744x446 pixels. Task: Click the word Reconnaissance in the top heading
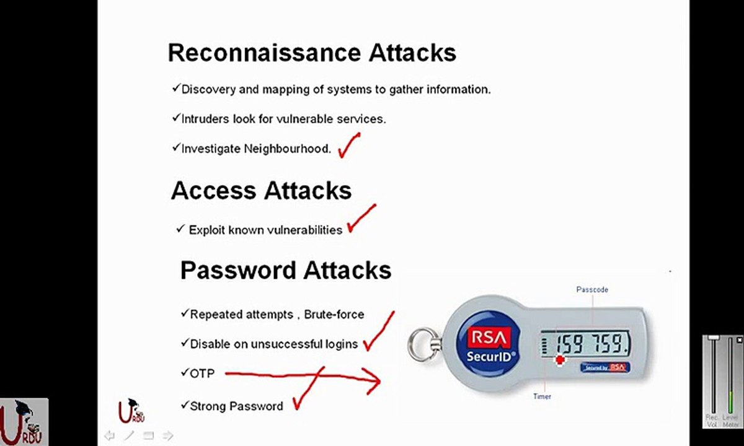pos(264,53)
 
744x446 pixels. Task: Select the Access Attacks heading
pos(262,191)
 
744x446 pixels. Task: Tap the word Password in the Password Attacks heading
pos(238,270)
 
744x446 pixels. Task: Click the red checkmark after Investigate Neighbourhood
pos(348,146)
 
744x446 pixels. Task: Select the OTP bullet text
pos(202,374)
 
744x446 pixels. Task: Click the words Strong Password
pos(236,406)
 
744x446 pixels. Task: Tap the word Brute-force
pos(334,314)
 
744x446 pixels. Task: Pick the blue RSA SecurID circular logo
pos(489,344)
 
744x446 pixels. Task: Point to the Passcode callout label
pos(592,290)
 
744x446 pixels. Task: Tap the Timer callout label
pos(542,396)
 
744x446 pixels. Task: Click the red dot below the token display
pos(560,360)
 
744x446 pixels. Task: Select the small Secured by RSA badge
pos(605,367)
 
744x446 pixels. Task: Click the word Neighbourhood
pos(287,149)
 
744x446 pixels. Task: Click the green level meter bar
pos(730,402)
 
